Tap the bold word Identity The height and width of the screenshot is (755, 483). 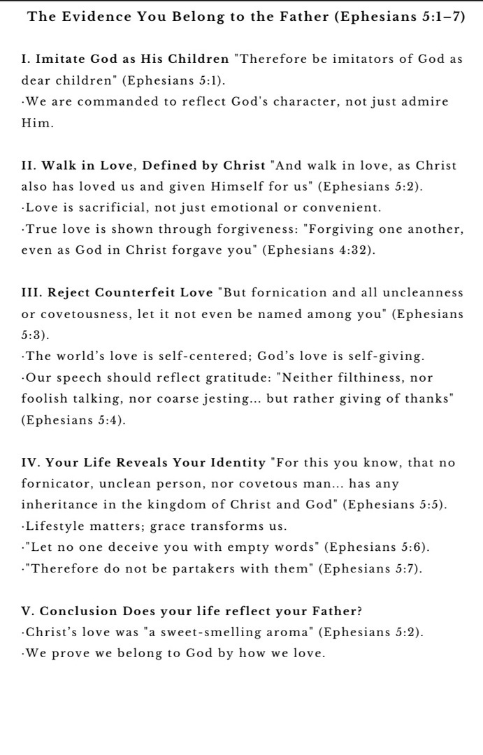click(231, 463)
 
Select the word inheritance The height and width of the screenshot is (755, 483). click(62, 505)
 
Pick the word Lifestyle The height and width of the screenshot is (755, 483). click(57, 526)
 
